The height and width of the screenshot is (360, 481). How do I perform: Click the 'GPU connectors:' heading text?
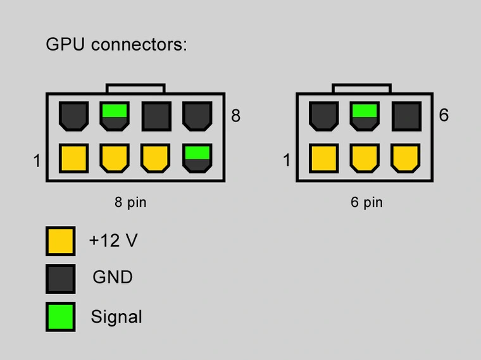[x=116, y=46]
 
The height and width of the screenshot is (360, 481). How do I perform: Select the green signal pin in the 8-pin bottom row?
[x=197, y=159]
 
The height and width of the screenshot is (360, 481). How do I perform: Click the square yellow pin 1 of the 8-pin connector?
[x=73, y=159]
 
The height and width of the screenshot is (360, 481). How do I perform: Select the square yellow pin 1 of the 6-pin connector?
[x=323, y=159]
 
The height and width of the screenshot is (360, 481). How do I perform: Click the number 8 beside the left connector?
[x=236, y=116]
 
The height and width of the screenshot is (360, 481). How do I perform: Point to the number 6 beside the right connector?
[x=444, y=115]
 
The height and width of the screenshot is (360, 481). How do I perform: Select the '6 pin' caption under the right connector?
[x=366, y=203]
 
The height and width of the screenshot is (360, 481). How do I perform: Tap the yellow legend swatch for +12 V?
[x=60, y=241]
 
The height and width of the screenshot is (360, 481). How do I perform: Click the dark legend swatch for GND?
[x=60, y=278]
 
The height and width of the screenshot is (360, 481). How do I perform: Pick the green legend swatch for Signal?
[x=60, y=316]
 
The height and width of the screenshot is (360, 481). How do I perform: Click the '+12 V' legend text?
[x=113, y=241]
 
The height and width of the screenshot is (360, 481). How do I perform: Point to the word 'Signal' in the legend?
[x=116, y=316]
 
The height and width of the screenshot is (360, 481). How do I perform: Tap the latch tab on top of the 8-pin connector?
[x=135, y=89]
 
